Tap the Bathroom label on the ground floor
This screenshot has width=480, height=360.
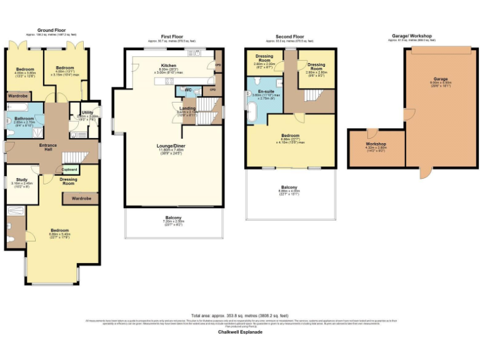point(24,118)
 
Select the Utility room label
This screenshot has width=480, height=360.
point(87,112)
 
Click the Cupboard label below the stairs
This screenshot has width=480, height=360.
point(69,169)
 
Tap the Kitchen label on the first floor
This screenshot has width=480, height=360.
point(169,65)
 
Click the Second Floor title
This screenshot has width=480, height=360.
point(289,37)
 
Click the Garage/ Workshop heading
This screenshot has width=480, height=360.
point(411,36)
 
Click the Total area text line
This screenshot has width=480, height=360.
point(239,316)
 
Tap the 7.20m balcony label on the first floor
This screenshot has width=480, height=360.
point(173,217)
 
